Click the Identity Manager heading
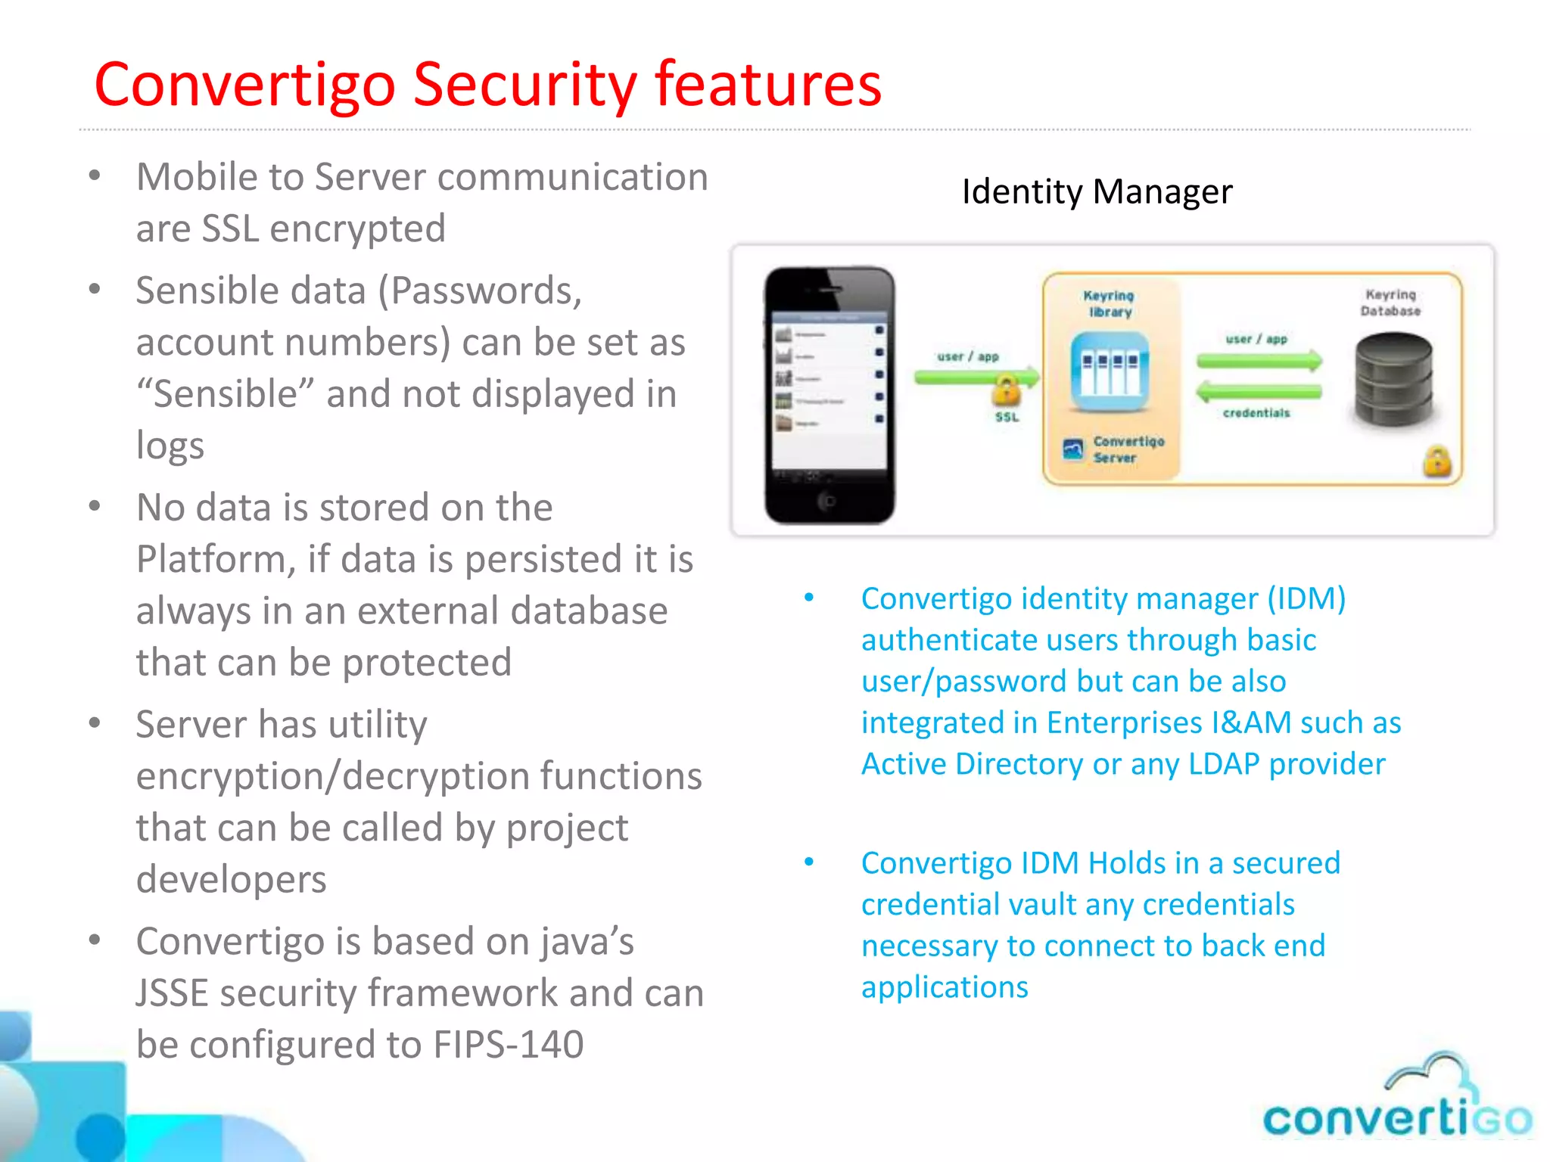(x=1097, y=191)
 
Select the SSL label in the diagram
(x=1007, y=417)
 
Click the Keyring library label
(x=1109, y=303)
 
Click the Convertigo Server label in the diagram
(x=1128, y=449)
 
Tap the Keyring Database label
(x=1390, y=303)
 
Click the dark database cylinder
(x=1393, y=381)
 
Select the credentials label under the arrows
(x=1256, y=413)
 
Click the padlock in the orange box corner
(x=1437, y=461)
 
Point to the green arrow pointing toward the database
(x=1259, y=360)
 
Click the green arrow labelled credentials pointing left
(x=1258, y=391)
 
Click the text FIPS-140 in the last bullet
(x=509, y=1045)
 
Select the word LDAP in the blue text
(x=1223, y=764)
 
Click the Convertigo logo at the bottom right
(x=1397, y=1101)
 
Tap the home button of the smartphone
(x=829, y=501)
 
